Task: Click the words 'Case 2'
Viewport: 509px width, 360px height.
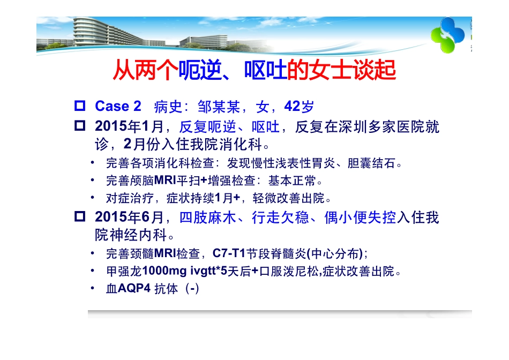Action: coord(118,106)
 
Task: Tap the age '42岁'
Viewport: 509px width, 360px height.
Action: coord(299,106)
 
